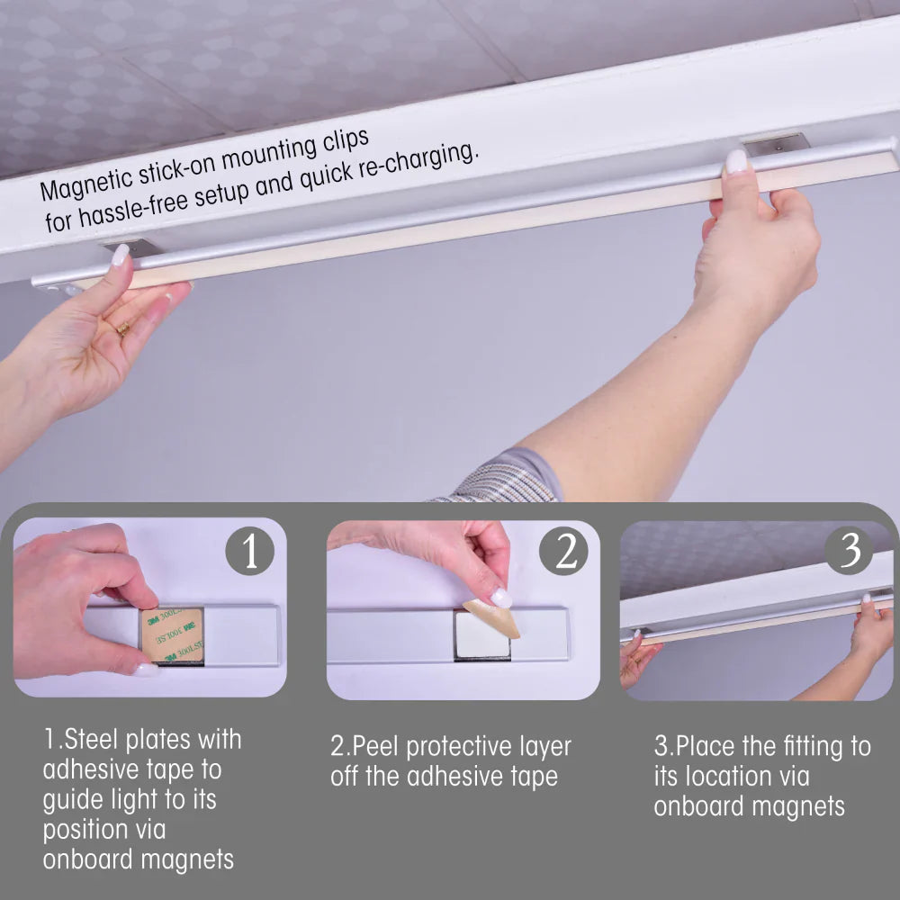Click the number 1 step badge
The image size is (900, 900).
tap(249, 551)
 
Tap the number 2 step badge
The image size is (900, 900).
tap(564, 551)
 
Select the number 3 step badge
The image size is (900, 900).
tap(849, 550)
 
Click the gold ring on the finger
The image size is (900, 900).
tap(122, 328)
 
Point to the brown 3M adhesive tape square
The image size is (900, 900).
tap(172, 634)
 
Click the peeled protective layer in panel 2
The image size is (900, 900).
tap(492, 619)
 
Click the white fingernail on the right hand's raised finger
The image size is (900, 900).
tap(736, 161)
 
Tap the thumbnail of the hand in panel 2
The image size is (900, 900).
tap(501, 598)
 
